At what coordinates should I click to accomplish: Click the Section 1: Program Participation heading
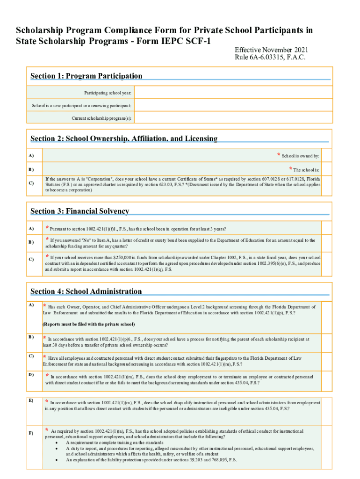(x=86, y=76)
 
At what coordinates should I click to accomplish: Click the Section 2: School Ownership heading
(x=123, y=138)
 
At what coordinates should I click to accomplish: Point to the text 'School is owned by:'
(x=300, y=156)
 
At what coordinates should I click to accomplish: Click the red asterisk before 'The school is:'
(x=290, y=169)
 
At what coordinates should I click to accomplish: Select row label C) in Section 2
(x=31, y=183)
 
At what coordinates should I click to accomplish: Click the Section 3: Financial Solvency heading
(x=79, y=211)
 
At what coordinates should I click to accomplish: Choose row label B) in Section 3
(x=31, y=242)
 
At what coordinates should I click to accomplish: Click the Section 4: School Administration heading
(x=86, y=291)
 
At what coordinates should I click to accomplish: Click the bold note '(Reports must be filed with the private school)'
(x=89, y=324)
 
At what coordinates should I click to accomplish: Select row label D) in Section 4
(x=31, y=375)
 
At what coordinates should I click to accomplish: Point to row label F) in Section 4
(x=31, y=433)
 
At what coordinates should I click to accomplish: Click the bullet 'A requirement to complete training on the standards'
(x=115, y=443)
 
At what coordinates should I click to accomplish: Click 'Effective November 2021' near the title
(x=271, y=50)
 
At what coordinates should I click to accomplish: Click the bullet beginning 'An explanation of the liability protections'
(x=151, y=460)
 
